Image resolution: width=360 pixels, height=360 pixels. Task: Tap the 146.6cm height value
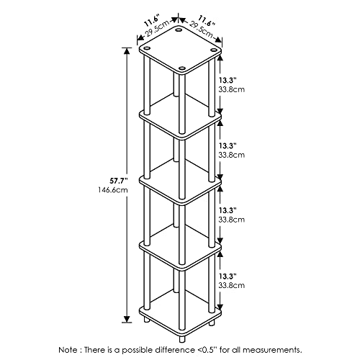pyautogui.click(x=113, y=190)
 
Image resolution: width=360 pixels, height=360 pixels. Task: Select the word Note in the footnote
pyautogui.click(x=68, y=350)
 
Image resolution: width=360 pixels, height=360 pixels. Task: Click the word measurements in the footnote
pyautogui.click(x=273, y=350)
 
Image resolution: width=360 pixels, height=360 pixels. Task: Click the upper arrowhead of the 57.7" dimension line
pyautogui.click(x=127, y=51)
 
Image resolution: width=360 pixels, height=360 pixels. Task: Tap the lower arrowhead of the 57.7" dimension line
pyautogui.click(x=127, y=319)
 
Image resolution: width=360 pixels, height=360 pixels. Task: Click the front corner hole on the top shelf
pyautogui.click(x=182, y=68)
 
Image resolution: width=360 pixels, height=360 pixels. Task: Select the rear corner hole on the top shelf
pyautogui.click(x=179, y=30)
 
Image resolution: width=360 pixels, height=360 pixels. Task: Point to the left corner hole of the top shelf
pyautogui.click(x=146, y=48)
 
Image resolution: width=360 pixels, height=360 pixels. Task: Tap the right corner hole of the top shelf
pyautogui.click(x=213, y=50)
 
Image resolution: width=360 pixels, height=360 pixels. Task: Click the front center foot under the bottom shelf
pyautogui.click(x=182, y=339)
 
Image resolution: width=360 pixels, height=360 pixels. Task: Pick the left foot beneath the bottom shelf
pyautogui.click(x=147, y=320)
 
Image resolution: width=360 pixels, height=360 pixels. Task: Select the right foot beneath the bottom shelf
pyautogui.click(x=212, y=323)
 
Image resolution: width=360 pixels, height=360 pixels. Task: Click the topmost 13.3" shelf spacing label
pyautogui.click(x=228, y=80)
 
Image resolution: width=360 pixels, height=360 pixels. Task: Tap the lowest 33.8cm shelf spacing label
pyautogui.click(x=231, y=286)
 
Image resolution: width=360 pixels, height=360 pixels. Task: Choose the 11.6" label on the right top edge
pyautogui.click(x=205, y=20)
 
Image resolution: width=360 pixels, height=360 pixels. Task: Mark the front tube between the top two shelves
pyautogui.click(x=182, y=104)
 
